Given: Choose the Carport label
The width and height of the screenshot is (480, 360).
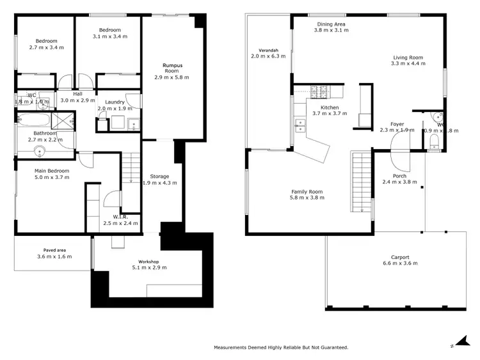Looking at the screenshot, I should click(401, 257).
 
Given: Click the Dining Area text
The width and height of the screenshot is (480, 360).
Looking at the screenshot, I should click(333, 24).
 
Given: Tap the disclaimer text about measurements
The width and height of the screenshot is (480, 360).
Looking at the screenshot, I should click(281, 347).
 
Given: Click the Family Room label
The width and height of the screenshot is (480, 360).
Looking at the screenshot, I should click(307, 191).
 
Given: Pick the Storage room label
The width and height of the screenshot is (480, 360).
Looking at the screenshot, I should click(159, 176).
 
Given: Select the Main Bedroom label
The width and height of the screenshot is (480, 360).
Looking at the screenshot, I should click(52, 171).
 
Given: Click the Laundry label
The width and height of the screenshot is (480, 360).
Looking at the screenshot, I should click(115, 102).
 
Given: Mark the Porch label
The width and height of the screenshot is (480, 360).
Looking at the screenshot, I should click(399, 176).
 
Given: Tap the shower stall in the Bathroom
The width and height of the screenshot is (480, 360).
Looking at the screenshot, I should click(64, 119).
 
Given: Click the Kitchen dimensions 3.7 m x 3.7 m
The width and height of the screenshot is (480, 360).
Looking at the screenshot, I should click(330, 113).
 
